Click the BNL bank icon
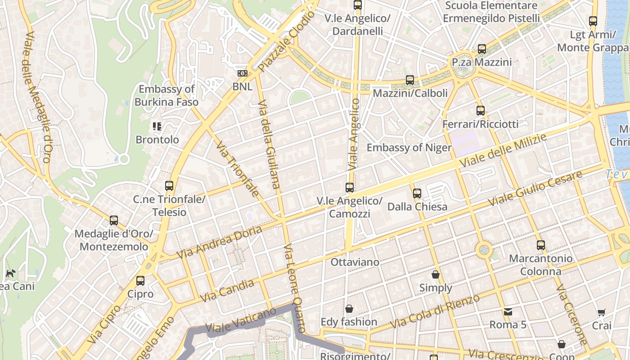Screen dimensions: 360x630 pyautogui.click(x=242, y=73)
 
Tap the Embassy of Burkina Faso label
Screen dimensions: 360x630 pyautogui.click(x=166, y=95)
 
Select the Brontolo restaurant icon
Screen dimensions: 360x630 pyautogui.click(x=157, y=126)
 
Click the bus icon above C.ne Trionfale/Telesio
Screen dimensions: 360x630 pyautogui.click(x=169, y=185)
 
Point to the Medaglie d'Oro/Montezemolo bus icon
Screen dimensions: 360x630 pyautogui.click(x=114, y=220)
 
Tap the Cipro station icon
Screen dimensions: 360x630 pyautogui.click(x=140, y=281)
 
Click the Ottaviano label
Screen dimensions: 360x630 pyautogui.click(x=355, y=262)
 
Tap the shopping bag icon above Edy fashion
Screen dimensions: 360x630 pyautogui.click(x=349, y=309)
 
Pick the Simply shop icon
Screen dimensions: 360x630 pyautogui.click(x=436, y=274)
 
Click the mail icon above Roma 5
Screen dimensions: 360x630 pyautogui.click(x=508, y=311)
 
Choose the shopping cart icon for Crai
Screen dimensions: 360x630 pyautogui.click(x=602, y=312)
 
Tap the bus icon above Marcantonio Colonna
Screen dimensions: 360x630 pyautogui.click(x=541, y=245)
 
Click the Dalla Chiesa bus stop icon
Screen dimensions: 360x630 pyautogui.click(x=417, y=193)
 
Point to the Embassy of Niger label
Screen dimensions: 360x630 pyautogui.click(x=409, y=148)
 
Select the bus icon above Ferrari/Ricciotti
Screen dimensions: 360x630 pyautogui.click(x=481, y=111)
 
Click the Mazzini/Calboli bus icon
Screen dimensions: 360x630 pyautogui.click(x=410, y=80)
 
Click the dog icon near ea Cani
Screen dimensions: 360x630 pyautogui.click(x=10, y=273)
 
